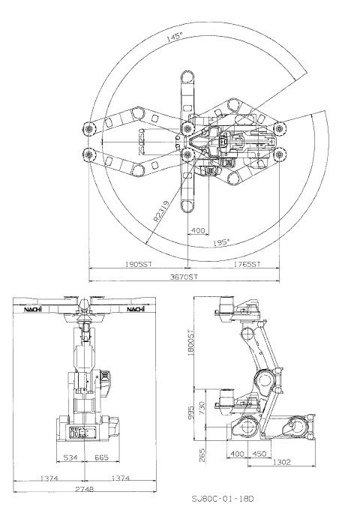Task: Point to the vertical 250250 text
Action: point(140,141)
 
